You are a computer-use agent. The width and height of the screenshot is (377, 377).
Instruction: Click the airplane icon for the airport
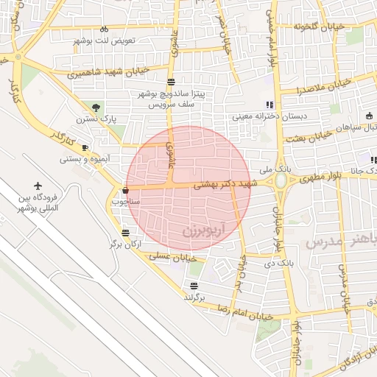click(38, 187)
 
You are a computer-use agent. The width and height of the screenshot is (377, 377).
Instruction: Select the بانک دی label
click(279, 261)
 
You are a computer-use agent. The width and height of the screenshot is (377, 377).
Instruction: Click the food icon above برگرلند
click(194, 286)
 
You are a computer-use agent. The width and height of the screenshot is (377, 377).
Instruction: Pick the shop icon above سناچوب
click(124, 191)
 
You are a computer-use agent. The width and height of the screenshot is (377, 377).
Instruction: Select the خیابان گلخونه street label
click(318, 27)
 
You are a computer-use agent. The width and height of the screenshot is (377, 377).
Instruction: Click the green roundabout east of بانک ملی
click(281, 181)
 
